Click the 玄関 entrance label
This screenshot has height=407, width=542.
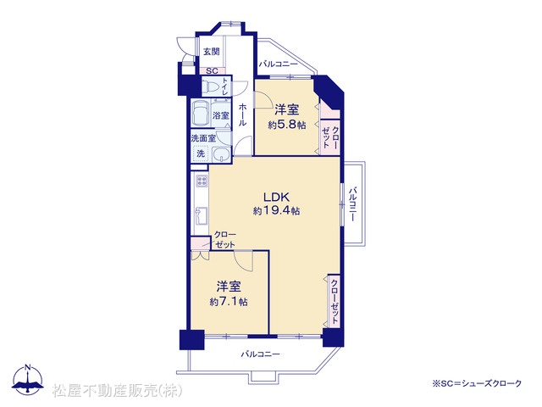tap(211, 52)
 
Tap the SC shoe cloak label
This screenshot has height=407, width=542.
tap(212, 71)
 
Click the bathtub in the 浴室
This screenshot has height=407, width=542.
tap(200, 114)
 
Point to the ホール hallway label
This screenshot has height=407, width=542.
tap(242, 114)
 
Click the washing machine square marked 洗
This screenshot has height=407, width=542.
tap(201, 153)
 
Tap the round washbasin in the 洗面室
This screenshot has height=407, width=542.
tap(220, 153)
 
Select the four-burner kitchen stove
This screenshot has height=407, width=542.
tap(202, 181)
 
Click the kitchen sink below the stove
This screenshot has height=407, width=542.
tap(202, 215)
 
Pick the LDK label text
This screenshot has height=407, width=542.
tap(276, 198)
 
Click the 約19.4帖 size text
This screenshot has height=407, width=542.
tap(276, 210)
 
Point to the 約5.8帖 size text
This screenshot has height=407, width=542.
tap(287, 125)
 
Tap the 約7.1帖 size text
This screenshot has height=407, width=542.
tap(229, 302)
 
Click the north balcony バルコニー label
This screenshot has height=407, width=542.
tap(278, 64)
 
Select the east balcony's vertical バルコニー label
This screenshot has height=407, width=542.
tap(352, 204)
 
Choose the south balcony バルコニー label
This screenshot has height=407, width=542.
tap(260, 354)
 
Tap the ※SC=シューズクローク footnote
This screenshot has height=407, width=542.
tap(477, 383)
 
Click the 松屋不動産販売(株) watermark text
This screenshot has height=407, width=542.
tap(117, 391)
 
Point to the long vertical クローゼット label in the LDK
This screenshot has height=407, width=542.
tap(335, 301)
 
